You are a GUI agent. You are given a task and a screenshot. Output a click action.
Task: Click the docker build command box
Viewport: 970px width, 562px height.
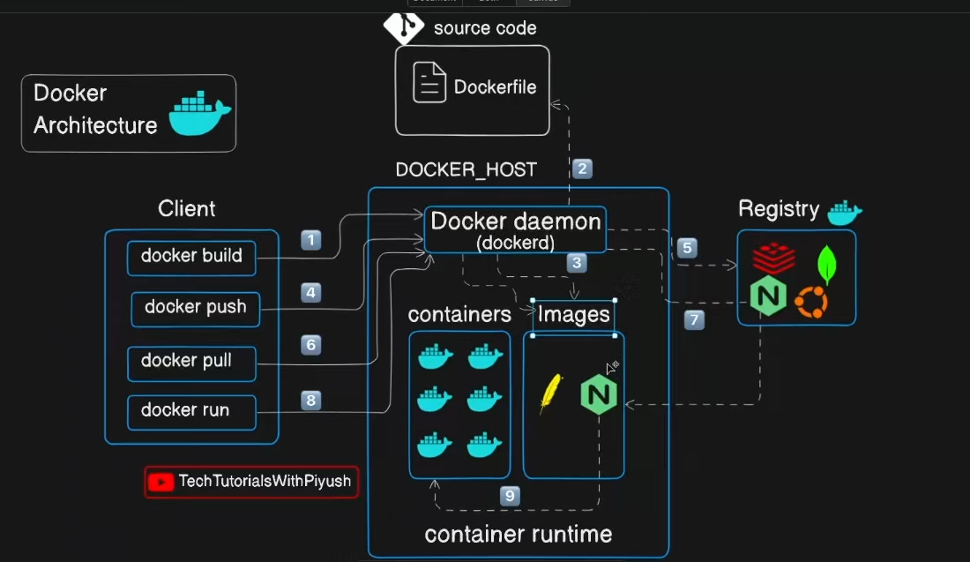point(191,257)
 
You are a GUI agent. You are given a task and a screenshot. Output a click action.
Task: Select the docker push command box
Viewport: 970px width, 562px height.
point(196,308)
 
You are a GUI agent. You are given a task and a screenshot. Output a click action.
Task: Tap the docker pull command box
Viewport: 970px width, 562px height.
point(191,361)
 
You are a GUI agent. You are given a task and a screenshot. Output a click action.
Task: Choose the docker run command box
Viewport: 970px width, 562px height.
point(191,411)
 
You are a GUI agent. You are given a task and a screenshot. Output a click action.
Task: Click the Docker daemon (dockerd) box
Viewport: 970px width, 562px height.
point(516,229)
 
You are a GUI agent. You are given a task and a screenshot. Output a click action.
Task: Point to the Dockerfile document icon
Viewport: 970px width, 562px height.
point(429,84)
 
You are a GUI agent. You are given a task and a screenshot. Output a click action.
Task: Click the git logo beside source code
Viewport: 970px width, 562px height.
point(403,27)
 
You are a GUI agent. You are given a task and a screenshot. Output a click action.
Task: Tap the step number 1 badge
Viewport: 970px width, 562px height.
point(310,240)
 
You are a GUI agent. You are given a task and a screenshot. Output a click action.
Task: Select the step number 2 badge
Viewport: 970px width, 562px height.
point(582,169)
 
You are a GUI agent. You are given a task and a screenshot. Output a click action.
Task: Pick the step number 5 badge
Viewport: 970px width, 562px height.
point(688,248)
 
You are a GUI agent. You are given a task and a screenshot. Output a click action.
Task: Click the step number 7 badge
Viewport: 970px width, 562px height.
point(694,321)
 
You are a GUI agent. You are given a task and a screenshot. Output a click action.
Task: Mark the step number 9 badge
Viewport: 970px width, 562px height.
point(509,496)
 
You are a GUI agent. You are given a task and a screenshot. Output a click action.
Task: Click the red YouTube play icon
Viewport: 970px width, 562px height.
point(160,482)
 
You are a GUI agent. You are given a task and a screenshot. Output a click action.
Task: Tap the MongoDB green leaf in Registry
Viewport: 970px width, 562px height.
point(826,264)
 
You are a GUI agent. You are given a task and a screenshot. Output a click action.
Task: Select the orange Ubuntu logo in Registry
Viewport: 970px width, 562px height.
point(810,303)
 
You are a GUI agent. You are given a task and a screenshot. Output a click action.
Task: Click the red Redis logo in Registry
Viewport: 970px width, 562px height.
point(773,259)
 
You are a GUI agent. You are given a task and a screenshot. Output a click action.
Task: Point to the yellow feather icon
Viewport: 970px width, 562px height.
point(551,393)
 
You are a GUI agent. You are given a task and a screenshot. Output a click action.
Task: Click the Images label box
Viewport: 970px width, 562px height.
point(573,316)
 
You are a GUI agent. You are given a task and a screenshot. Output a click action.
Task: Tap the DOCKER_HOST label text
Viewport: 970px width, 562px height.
point(466,169)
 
